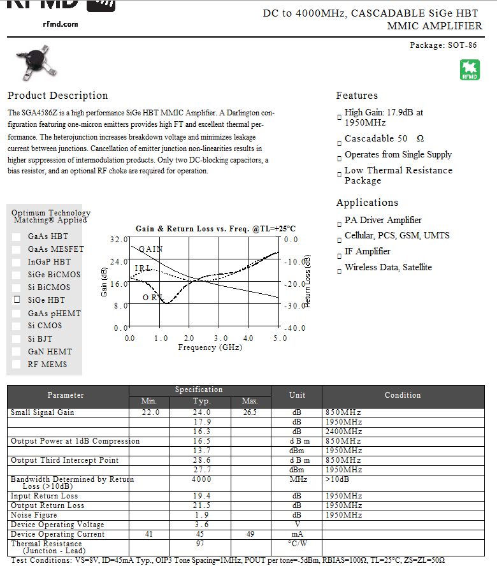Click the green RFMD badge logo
[470, 70]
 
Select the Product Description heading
[58, 96]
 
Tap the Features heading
[357, 96]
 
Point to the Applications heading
[367, 203]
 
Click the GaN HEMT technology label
[50, 351]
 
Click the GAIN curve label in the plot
[151, 249]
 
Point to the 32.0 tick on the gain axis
[119, 240]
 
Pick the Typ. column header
[201, 401]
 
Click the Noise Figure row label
[34, 514]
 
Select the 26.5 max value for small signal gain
[249, 412]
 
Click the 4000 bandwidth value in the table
[201, 479]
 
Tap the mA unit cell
[296, 533]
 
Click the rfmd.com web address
[61, 24]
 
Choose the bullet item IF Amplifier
[368, 251]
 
